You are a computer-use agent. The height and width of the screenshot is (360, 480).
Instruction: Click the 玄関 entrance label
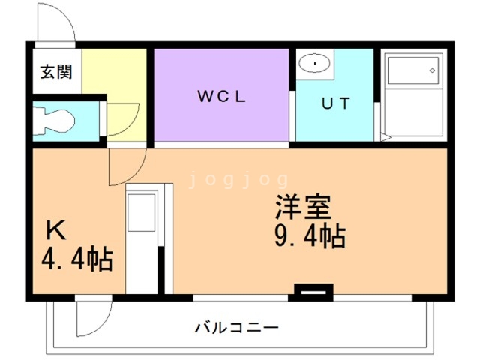tap(56, 72)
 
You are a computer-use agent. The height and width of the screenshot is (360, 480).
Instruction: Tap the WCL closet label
tap(222, 96)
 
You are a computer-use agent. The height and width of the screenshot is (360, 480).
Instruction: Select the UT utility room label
tap(335, 104)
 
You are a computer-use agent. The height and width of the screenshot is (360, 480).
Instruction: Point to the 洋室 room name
tap(303, 205)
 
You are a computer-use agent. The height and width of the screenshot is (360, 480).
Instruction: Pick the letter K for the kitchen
tap(57, 229)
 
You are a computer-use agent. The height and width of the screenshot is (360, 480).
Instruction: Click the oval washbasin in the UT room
tap(316, 64)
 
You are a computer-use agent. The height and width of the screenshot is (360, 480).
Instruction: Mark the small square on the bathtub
tap(432, 70)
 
